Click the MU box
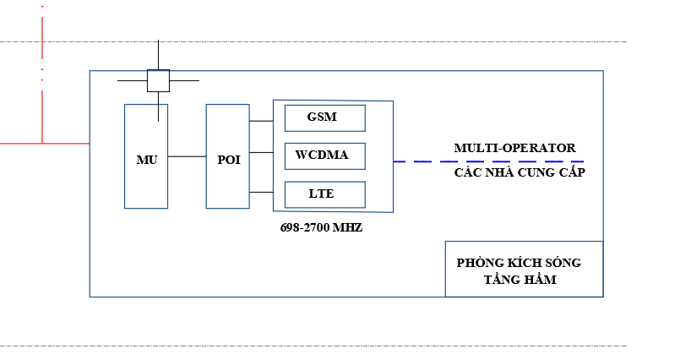[x=146, y=157]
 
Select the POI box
[x=228, y=157]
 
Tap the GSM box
[x=324, y=117]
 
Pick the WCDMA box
[x=324, y=156]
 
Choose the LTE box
[x=324, y=194]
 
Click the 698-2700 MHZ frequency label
[x=321, y=228]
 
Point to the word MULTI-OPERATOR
[x=514, y=148]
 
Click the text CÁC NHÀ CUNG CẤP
[x=520, y=172]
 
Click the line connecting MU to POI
[x=187, y=156]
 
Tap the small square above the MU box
[x=158, y=80]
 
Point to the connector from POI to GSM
[x=261, y=121]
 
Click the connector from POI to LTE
[x=261, y=192]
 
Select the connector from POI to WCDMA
[x=261, y=153]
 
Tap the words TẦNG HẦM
[x=520, y=280]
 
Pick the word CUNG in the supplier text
[x=534, y=172]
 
